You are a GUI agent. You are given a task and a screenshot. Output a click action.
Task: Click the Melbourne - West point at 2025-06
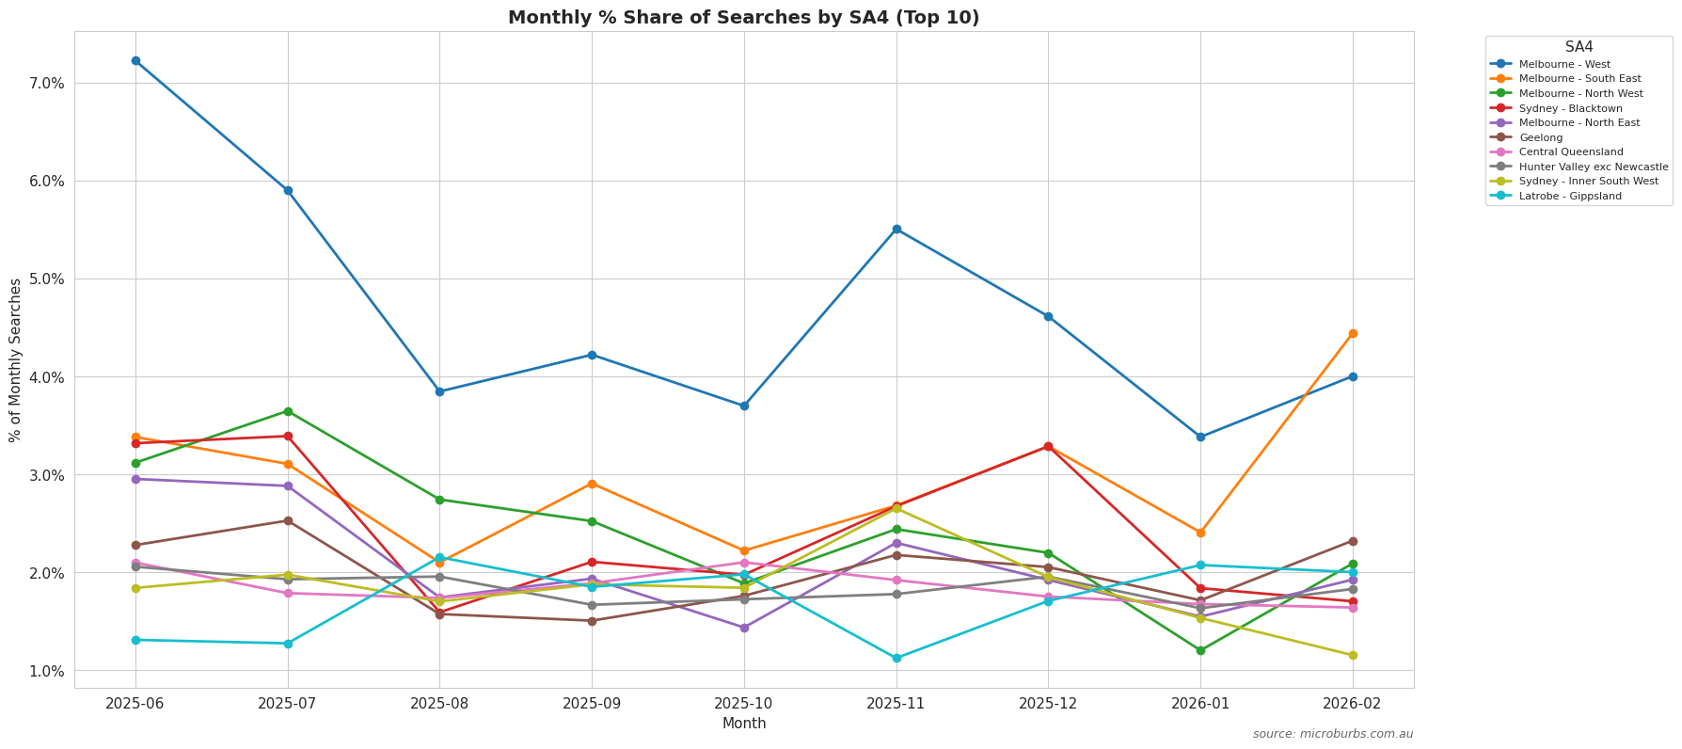tap(135, 61)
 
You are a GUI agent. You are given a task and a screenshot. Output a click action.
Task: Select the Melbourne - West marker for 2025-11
tap(897, 230)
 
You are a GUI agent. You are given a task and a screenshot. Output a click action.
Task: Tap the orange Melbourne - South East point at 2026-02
tap(1353, 333)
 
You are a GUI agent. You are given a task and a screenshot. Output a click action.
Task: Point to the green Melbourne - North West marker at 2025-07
tap(288, 411)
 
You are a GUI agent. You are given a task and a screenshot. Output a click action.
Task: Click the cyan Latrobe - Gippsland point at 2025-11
tap(897, 658)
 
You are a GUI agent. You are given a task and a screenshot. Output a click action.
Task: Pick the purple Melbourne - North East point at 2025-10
tap(744, 628)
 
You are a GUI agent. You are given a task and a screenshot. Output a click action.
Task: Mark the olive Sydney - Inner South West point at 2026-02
tap(1353, 655)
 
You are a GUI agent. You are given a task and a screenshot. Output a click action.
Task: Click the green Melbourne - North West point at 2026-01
tap(1200, 650)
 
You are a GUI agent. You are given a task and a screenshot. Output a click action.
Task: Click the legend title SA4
tap(1579, 47)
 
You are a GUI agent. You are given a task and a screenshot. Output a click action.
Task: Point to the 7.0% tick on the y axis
tap(47, 84)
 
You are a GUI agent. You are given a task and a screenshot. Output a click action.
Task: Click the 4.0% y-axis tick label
tap(47, 377)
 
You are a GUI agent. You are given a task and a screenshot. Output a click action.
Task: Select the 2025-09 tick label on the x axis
tap(592, 704)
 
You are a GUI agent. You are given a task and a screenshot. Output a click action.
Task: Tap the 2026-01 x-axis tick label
tap(1200, 704)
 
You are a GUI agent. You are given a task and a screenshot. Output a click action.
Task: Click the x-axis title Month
tap(744, 724)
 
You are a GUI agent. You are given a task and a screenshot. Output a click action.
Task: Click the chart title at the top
tap(743, 17)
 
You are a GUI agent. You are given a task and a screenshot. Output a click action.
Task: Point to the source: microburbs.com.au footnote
tap(1332, 734)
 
